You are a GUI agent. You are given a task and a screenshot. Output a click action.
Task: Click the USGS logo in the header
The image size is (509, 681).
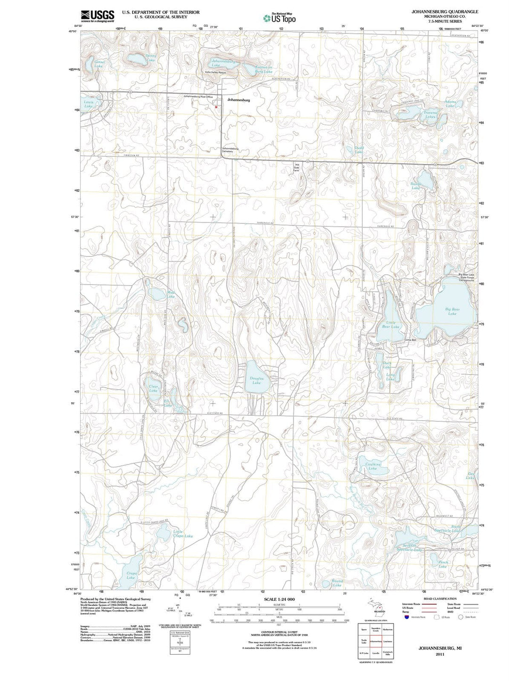pyautogui.click(x=98, y=16)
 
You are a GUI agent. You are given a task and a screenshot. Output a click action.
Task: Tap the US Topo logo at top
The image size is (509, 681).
pyautogui.click(x=280, y=18)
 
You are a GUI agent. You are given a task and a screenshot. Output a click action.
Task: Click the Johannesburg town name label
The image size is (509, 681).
pyautogui.click(x=238, y=100)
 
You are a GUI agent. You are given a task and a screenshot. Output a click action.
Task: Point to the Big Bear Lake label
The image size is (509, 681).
pyautogui.click(x=452, y=311)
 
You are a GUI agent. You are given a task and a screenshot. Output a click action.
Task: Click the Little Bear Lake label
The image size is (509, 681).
pyautogui.click(x=390, y=324)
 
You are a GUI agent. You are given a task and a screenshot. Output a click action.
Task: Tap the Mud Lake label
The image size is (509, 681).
pyautogui.click(x=171, y=294)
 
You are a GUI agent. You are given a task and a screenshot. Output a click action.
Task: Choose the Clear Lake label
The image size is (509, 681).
pyautogui.click(x=153, y=389)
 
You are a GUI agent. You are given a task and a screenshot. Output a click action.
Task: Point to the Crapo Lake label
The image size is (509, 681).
pyautogui.click(x=131, y=575)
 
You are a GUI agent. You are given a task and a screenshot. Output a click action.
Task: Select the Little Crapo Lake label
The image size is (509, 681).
pyautogui.click(x=183, y=534)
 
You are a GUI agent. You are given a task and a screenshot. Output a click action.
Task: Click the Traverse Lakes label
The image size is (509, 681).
pyautogui.click(x=430, y=114)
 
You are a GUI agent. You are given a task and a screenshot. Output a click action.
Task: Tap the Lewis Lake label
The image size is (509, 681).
pyautogui.click(x=89, y=104)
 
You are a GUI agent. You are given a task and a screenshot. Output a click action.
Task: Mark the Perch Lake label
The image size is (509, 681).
pyautogui.click(x=443, y=564)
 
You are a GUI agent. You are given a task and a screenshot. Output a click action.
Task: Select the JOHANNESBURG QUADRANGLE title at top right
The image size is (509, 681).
pyautogui.click(x=445, y=11)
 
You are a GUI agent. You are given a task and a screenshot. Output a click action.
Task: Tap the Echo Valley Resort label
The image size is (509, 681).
pyautogui.click(x=215, y=73)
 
